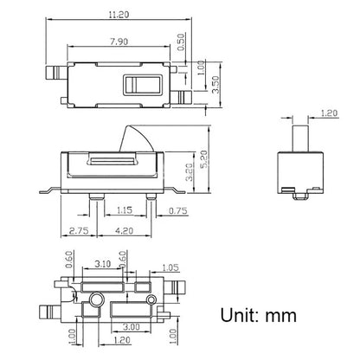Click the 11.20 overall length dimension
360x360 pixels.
(x=119, y=15)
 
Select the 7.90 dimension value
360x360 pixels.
(x=119, y=42)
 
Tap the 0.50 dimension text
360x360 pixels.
(x=181, y=42)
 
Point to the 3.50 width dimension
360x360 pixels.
(x=215, y=85)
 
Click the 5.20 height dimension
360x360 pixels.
(x=204, y=159)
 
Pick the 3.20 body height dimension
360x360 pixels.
(x=189, y=172)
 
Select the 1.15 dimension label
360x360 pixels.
(x=125, y=210)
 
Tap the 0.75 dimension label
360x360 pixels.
(x=178, y=211)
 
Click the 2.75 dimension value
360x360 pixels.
(x=79, y=231)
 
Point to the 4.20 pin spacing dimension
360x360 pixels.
(x=125, y=231)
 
